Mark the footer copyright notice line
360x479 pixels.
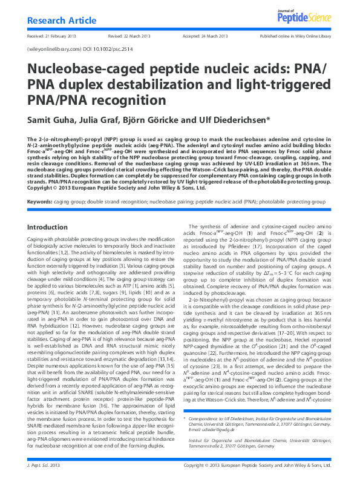(x=257, y=466)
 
